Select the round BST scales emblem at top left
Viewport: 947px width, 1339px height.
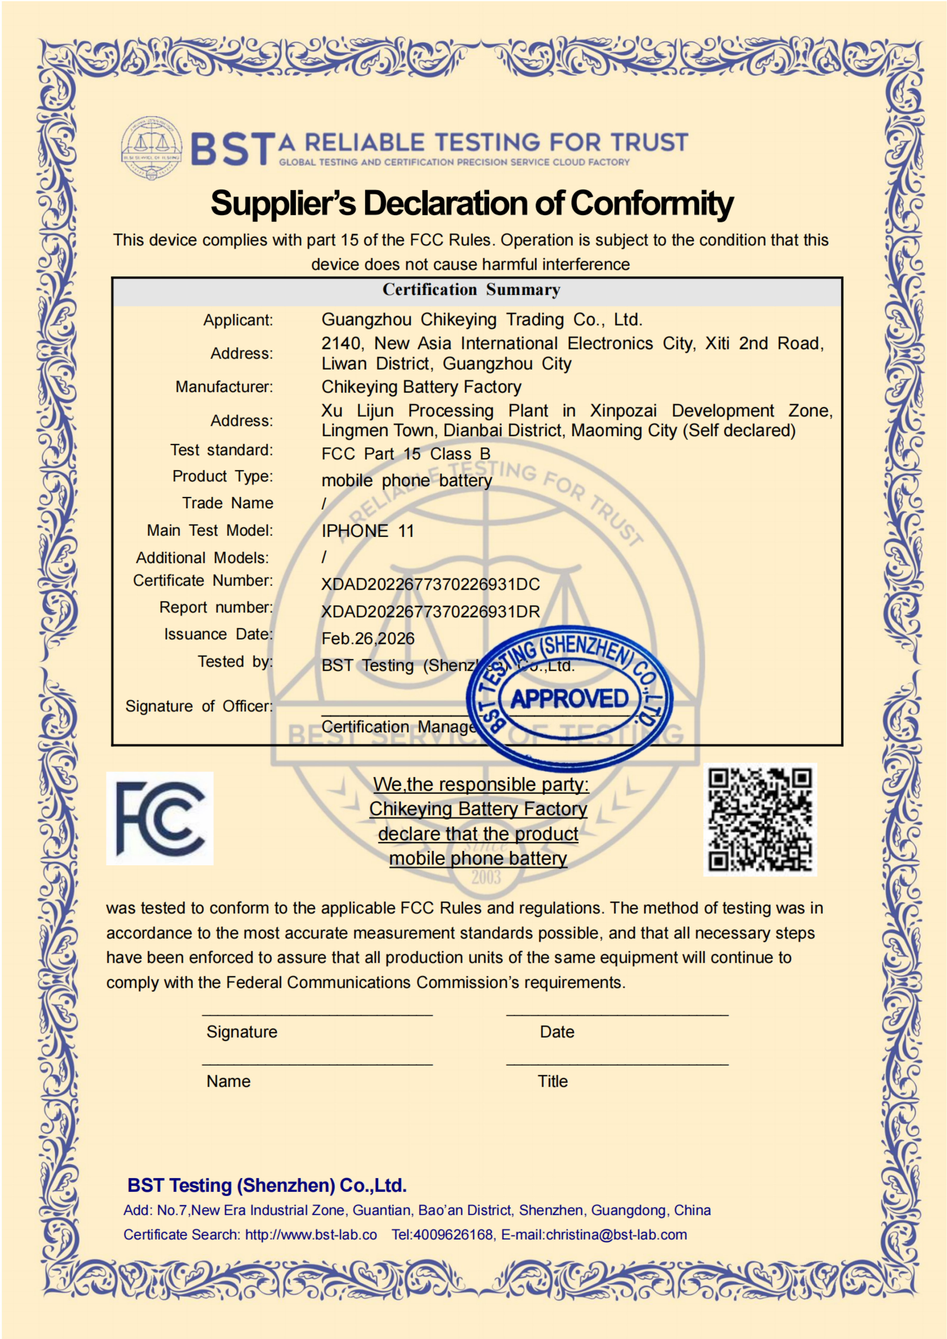click(x=152, y=148)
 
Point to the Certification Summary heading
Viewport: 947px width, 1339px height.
click(x=471, y=290)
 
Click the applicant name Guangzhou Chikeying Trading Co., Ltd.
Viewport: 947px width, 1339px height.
click(x=482, y=320)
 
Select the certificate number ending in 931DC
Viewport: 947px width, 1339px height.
click(x=430, y=584)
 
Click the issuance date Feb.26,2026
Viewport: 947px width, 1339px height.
click(x=368, y=638)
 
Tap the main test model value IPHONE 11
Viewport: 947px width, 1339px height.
click(x=367, y=531)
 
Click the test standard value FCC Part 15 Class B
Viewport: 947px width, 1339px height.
click(x=406, y=454)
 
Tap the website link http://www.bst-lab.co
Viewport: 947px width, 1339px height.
click(x=311, y=1235)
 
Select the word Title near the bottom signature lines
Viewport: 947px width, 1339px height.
click(x=552, y=1081)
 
